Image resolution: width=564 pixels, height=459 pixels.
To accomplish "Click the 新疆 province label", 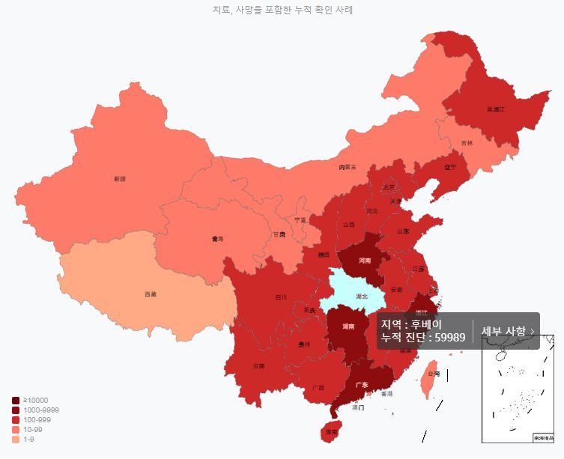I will [x=119, y=179].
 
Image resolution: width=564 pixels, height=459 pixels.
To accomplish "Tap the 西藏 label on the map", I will [x=151, y=294].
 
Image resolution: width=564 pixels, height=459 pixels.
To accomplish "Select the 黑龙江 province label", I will [x=496, y=109].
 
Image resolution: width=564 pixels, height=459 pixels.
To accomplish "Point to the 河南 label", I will [x=365, y=261].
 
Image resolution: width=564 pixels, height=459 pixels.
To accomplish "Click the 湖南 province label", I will [x=348, y=327].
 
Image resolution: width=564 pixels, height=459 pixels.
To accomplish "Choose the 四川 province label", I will [x=281, y=297].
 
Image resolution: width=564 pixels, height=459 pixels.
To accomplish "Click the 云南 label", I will [x=258, y=366].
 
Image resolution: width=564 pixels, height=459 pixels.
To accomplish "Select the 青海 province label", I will [x=217, y=239].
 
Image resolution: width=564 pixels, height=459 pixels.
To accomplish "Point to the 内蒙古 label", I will [x=348, y=167].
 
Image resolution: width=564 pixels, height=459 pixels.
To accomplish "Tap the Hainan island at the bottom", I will [x=330, y=432].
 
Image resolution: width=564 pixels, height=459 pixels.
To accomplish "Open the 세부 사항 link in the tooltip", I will [x=507, y=331].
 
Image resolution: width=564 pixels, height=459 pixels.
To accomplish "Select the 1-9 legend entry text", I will [x=28, y=439].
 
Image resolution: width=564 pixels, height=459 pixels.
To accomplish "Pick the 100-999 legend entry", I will [x=37, y=420].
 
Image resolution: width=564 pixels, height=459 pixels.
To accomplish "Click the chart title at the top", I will [x=282, y=10].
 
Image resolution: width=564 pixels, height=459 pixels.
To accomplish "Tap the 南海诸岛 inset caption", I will [x=543, y=437].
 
